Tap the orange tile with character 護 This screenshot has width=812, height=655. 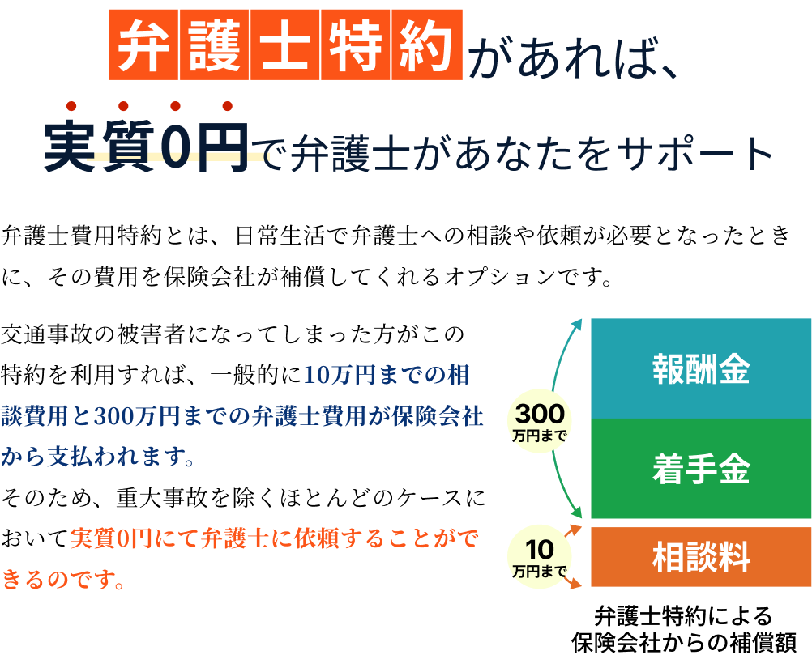point(215,45)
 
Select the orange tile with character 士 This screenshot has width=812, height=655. point(285,45)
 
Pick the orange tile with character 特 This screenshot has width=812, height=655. point(356,45)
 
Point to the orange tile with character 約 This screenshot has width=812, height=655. point(427,45)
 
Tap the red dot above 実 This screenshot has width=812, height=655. point(71,106)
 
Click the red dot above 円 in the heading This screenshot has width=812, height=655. point(228,106)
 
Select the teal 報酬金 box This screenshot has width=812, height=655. point(701,368)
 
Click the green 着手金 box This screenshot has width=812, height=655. point(701,468)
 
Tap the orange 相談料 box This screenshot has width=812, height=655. point(701,557)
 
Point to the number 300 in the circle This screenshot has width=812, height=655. point(540,414)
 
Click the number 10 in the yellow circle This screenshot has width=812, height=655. point(540,550)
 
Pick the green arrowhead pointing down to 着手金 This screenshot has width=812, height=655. point(577,513)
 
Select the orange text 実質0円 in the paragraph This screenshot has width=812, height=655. point(111,538)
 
